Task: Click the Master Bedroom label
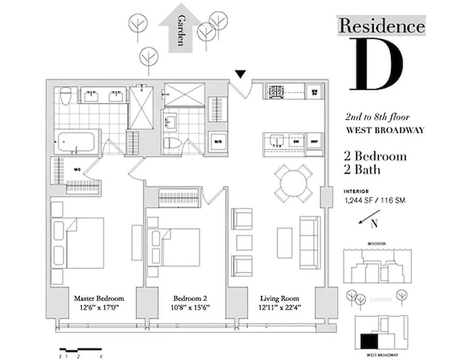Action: click(x=99, y=298)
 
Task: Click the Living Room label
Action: click(x=279, y=298)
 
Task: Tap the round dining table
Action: click(x=293, y=183)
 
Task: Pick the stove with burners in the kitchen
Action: click(x=275, y=91)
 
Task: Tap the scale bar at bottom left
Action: click(x=81, y=350)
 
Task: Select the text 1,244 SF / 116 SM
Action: click(x=374, y=200)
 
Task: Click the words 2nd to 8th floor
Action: click(x=377, y=117)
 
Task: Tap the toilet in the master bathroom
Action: click(x=66, y=95)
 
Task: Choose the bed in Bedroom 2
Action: click(x=176, y=247)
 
